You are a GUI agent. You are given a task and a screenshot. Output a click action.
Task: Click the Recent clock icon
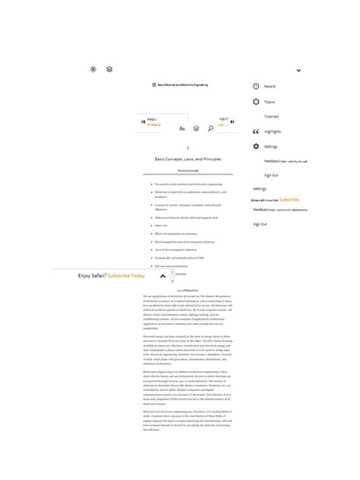(x=256, y=87)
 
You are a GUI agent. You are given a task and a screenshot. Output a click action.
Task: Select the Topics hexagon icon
(x=256, y=102)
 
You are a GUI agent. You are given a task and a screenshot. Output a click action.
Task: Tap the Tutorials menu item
(x=271, y=116)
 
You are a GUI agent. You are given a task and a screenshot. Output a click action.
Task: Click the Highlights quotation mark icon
(x=256, y=131)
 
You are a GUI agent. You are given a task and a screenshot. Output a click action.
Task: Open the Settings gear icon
(x=256, y=146)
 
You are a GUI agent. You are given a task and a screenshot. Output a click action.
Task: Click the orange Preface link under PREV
(x=154, y=125)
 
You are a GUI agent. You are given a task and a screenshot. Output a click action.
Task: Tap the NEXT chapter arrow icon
(x=232, y=122)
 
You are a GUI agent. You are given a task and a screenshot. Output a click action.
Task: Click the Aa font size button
(x=182, y=129)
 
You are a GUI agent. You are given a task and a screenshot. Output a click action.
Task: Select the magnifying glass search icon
(x=210, y=129)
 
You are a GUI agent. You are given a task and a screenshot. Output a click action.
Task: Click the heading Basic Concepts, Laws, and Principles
(x=188, y=159)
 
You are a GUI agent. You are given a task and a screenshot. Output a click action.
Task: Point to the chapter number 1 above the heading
(x=188, y=148)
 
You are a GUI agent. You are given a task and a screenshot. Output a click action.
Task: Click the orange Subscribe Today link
(x=126, y=276)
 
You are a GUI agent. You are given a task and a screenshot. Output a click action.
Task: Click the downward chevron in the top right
(x=298, y=71)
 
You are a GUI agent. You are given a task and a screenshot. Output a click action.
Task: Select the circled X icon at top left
(x=93, y=69)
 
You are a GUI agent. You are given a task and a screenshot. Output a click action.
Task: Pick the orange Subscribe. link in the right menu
(x=289, y=200)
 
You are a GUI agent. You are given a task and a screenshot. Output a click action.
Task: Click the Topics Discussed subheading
(x=188, y=172)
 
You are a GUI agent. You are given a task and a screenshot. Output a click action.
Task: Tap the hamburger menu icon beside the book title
(x=153, y=85)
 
